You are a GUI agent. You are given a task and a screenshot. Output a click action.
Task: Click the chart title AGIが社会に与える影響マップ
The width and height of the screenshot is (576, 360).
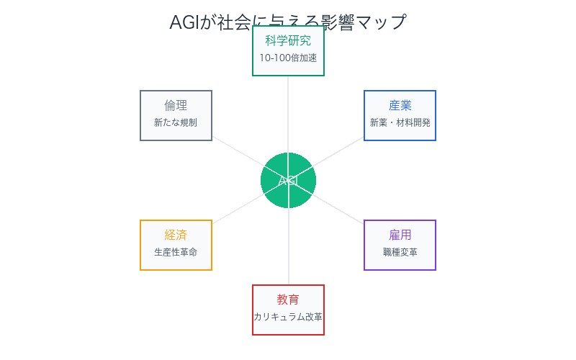tap(288, 22)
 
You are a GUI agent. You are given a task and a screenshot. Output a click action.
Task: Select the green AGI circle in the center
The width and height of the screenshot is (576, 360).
tap(288, 181)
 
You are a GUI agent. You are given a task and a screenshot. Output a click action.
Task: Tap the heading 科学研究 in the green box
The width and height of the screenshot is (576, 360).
tap(288, 40)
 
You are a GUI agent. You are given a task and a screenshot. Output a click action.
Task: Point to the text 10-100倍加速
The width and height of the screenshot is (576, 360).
tap(288, 58)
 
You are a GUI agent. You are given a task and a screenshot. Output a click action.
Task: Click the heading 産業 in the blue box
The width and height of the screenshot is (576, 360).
tap(400, 105)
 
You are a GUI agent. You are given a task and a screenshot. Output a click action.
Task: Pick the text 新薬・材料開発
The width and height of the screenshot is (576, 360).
tap(400, 122)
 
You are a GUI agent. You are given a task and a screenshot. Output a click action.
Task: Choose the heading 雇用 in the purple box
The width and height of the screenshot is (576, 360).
tap(400, 235)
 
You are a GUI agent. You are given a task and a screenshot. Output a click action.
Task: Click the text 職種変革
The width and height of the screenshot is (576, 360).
tap(400, 252)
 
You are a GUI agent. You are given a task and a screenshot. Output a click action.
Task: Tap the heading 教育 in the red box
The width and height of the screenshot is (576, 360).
tap(288, 300)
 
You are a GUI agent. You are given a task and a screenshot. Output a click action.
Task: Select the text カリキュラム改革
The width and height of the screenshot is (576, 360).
tap(288, 317)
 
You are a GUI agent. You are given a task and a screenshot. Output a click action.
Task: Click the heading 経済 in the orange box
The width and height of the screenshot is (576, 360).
tap(176, 235)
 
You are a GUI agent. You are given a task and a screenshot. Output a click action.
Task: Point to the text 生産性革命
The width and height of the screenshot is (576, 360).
tap(176, 252)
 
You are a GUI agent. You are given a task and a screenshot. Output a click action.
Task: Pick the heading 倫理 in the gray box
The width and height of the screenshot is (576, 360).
tap(176, 105)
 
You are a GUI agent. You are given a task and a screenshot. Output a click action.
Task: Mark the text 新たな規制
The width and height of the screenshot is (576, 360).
tap(176, 122)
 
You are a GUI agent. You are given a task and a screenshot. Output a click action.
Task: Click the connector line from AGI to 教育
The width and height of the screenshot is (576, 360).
tap(288, 248)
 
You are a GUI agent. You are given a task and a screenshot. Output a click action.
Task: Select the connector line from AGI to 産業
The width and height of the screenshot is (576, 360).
tap(338, 151)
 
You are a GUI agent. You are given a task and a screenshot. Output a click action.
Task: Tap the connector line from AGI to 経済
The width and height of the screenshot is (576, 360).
tap(238, 210)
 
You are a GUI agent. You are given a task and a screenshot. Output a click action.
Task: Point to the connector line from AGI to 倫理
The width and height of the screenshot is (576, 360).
tap(238, 151)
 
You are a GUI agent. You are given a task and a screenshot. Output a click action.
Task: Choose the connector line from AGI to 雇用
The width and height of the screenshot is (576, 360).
tap(338, 210)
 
